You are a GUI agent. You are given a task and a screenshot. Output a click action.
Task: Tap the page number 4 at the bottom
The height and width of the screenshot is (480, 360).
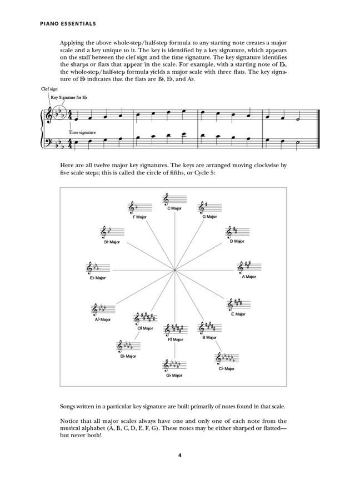tap(179, 456)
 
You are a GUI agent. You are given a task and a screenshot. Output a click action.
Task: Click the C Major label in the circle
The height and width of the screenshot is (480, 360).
tap(174, 208)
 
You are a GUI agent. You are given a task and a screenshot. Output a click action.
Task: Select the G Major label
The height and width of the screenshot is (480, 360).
tap(209, 217)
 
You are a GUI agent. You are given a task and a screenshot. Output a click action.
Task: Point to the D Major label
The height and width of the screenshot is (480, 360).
tap(237, 241)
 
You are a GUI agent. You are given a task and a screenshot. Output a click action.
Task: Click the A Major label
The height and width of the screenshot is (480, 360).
tap(248, 276)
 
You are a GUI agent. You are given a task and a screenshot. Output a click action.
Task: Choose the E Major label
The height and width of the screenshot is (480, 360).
tap(238, 314)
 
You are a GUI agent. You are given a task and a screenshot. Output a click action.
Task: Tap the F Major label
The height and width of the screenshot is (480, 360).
tap(139, 217)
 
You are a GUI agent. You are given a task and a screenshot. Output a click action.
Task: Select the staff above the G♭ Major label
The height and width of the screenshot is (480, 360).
tap(174, 366)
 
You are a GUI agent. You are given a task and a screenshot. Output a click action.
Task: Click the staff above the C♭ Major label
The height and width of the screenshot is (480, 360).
tap(227, 358)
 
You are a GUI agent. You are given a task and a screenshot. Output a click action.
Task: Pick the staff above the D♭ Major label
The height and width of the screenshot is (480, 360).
tap(127, 347)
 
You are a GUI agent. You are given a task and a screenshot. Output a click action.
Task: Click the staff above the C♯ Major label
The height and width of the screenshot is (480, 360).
tap(145, 319)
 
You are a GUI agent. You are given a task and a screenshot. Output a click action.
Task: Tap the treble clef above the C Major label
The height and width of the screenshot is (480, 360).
tap(167, 199)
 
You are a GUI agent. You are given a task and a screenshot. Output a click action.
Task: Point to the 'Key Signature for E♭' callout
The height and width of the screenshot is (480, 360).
tap(69, 97)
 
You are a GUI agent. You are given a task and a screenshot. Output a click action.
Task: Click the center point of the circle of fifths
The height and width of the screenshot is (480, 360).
tap(174, 270)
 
